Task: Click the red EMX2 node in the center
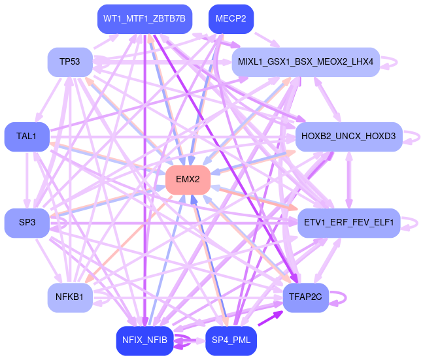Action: click(x=188, y=180)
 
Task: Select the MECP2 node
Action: click(x=231, y=19)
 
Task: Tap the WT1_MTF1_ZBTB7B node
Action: click(x=144, y=19)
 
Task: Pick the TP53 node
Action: click(x=69, y=62)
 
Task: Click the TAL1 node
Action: click(x=27, y=137)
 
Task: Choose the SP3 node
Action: click(x=27, y=223)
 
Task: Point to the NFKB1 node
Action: click(x=69, y=298)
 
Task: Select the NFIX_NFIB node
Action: click(x=144, y=340)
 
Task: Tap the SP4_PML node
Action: click(x=231, y=340)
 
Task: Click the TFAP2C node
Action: click(x=305, y=298)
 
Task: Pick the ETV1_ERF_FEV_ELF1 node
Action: click(x=348, y=223)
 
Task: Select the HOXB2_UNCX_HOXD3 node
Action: click(x=348, y=137)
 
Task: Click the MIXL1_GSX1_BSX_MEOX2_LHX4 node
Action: click(x=305, y=62)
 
